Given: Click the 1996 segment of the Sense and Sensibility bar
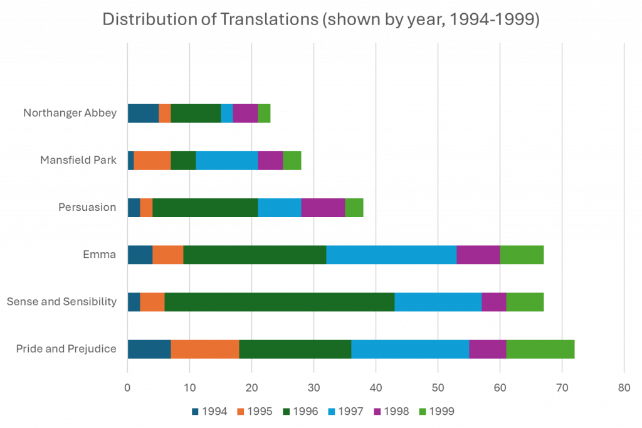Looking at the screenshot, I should point(279,302).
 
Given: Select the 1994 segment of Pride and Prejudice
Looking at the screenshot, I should point(149,349).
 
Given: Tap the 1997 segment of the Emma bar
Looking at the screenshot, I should point(391,255).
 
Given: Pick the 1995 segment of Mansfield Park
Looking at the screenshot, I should point(152,160).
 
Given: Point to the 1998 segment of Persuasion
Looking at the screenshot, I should point(323,207).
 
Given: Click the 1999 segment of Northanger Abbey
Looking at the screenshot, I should point(264,113).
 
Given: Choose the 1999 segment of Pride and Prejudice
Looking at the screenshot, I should point(540,349).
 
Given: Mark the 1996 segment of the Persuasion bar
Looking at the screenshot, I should point(205,207).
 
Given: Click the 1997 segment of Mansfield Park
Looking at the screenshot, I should point(226,160).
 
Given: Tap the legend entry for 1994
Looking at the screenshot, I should point(210,412).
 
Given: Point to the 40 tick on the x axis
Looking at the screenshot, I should point(376,387).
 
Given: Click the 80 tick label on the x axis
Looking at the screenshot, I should point(624,387).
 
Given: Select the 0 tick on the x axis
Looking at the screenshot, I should point(127,387).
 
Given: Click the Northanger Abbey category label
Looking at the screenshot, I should point(70,113).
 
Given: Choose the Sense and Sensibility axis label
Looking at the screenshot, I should point(61,302).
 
